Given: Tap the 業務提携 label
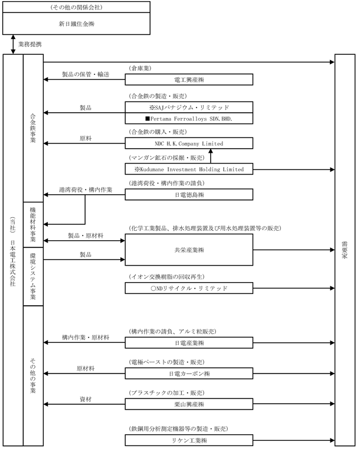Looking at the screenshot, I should [x=29, y=44].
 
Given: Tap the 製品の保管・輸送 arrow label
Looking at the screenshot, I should [x=86, y=74].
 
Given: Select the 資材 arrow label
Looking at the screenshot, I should [x=86, y=399].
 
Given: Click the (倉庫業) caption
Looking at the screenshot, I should [x=140, y=68].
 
